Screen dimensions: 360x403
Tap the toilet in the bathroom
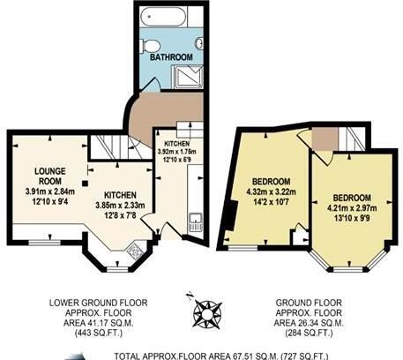click(152, 44)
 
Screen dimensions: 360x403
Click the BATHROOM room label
click(170, 57)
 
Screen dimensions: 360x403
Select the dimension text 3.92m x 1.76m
click(178, 151)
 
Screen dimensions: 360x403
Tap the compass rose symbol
click(208, 311)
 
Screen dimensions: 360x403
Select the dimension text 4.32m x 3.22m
click(269, 191)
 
